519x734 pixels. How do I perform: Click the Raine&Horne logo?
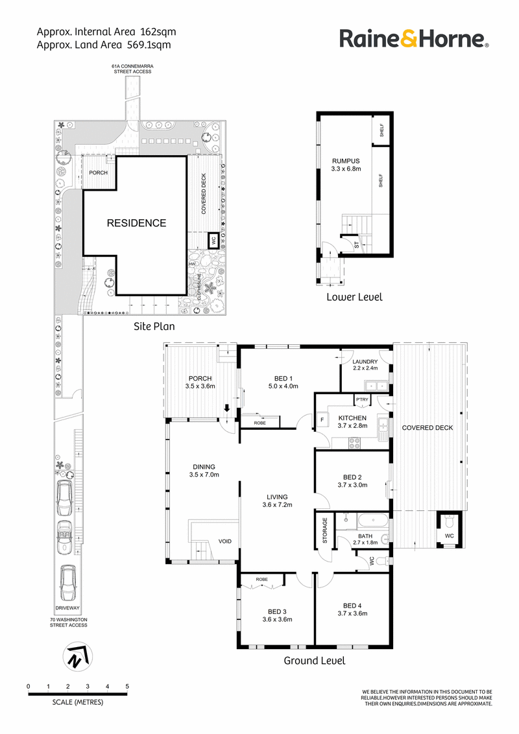(x=414, y=38)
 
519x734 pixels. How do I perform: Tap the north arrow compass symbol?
(x=77, y=657)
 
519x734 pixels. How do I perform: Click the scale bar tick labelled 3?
(x=88, y=687)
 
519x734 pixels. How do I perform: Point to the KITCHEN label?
(x=352, y=418)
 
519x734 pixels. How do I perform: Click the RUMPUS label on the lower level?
(x=346, y=161)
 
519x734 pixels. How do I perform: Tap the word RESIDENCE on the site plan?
(x=136, y=223)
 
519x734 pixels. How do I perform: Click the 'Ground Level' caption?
(x=314, y=661)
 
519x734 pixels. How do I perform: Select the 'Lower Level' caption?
(x=355, y=297)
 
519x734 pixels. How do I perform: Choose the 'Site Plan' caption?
(x=154, y=326)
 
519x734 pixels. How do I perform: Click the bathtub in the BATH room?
(x=372, y=521)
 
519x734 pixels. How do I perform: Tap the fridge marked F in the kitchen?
(x=322, y=420)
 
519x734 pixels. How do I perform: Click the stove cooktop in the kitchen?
(x=354, y=442)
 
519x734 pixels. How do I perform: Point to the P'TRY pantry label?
(x=362, y=399)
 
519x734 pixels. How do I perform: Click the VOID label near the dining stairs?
(x=225, y=541)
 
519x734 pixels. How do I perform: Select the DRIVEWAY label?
(x=67, y=608)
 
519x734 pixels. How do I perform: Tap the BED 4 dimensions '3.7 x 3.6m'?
(x=352, y=613)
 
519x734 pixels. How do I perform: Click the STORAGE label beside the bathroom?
(x=324, y=530)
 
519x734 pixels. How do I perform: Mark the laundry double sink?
(x=376, y=386)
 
